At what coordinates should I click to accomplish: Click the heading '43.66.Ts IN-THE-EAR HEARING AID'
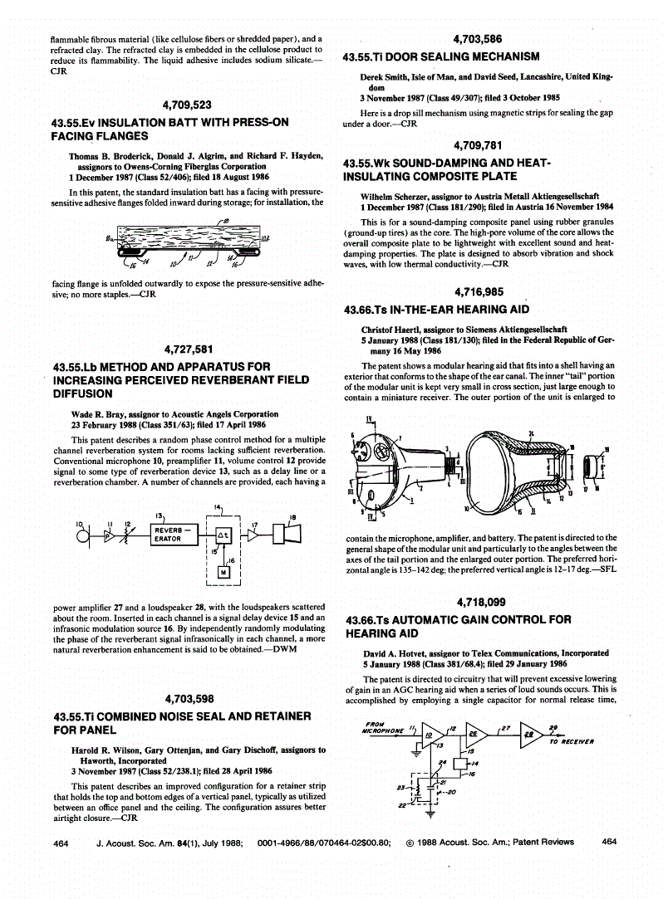[x=435, y=310]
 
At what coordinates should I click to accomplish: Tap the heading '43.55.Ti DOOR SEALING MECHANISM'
[x=441, y=56]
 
